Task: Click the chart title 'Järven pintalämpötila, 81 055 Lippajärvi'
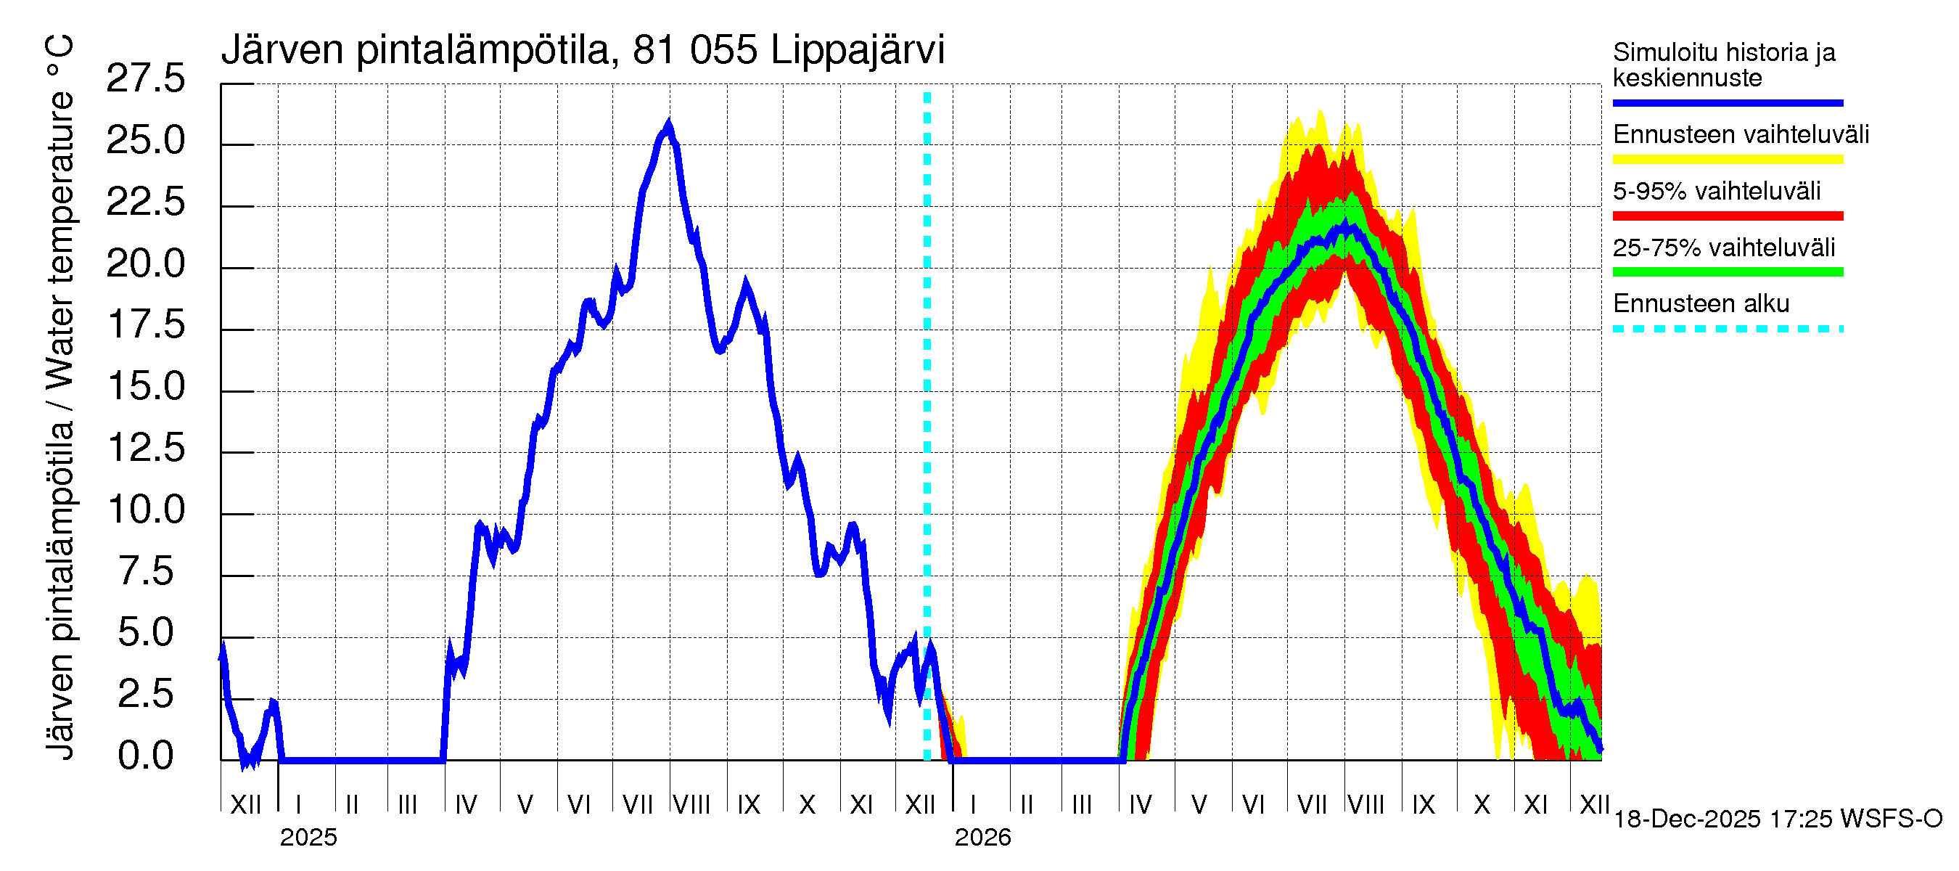point(583,50)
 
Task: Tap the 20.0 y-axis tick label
point(145,264)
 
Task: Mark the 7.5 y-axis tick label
point(145,571)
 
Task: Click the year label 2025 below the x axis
point(308,838)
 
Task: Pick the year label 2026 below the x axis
point(982,838)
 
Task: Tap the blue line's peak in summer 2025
point(668,124)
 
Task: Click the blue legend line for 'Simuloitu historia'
point(1727,102)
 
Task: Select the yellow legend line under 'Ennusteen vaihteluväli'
point(1727,160)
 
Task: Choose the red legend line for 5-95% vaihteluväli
point(1727,216)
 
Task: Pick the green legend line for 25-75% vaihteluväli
point(1727,272)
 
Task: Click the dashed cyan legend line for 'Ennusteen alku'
point(1727,330)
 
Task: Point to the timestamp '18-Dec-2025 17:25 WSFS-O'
point(1777,819)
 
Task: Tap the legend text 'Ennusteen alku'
point(1701,304)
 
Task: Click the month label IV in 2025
point(465,805)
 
